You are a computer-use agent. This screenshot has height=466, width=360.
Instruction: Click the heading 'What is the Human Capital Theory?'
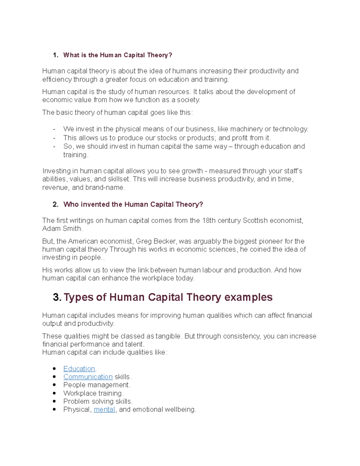point(118,55)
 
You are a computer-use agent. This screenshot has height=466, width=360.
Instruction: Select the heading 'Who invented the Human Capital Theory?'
point(133,205)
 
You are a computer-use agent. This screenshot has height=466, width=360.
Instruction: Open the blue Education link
point(79,369)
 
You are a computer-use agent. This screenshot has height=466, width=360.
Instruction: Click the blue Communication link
point(88,377)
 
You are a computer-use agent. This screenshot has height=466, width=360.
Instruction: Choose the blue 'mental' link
point(104,410)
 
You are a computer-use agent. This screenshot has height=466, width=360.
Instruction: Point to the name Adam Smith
point(62,229)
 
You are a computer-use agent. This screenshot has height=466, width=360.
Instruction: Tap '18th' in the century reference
point(209,221)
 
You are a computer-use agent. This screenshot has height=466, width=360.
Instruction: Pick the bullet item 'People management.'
point(97,385)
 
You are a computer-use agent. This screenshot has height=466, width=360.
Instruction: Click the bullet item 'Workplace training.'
point(93,393)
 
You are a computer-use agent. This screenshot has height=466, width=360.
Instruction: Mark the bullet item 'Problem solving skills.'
point(98,401)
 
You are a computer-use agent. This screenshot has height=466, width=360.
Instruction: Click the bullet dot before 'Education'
point(54,369)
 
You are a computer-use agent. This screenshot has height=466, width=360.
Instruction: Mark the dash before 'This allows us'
point(54,138)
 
